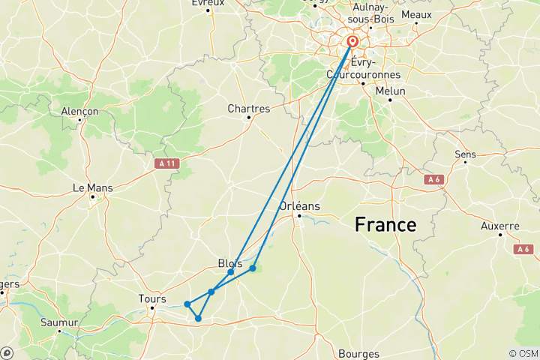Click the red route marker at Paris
coord(352,42)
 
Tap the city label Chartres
coord(248,109)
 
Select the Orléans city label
coord(299,206)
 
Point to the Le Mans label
coord(92,187)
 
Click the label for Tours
coord(152,298)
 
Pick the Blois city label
coord(229,262)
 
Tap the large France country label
coord(385,224)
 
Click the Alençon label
coord(79,111)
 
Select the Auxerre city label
coord(500,226)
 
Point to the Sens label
coord(465,154)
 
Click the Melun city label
coord(390,91)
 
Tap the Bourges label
coord(358,353)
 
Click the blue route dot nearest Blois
coord(230,272)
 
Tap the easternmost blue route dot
coord(253,268)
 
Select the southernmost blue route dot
coord(198,319)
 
